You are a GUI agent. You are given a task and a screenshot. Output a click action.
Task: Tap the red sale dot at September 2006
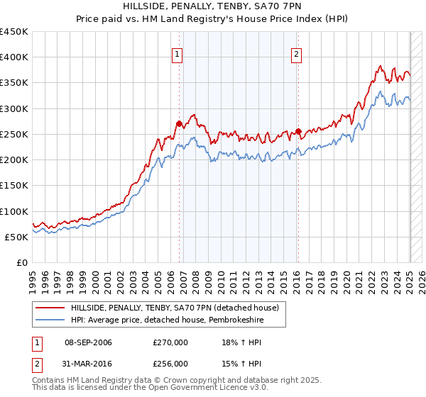point(179,124)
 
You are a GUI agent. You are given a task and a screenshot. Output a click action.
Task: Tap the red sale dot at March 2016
point(299,131)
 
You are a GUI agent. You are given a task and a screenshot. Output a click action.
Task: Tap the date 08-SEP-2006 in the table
point(88,342)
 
